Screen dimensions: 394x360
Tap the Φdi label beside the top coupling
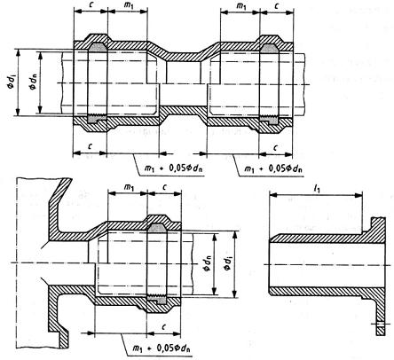(11, 82)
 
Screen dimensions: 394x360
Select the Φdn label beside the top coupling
(33, 82)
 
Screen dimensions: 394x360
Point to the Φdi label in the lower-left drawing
(228, 263)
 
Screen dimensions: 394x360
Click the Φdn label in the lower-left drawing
(207, 263)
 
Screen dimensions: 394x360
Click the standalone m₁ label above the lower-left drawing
(128, 187)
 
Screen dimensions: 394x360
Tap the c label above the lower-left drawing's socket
(164, 187)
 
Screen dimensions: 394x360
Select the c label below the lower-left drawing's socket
(163, 326)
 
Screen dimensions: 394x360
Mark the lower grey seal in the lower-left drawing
(157, 300)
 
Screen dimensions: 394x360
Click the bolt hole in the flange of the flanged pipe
(381, 324)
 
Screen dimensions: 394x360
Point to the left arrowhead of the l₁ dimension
(272, 194)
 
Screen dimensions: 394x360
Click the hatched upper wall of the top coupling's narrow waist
(184, 55)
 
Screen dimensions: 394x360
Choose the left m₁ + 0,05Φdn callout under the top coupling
(175, 168)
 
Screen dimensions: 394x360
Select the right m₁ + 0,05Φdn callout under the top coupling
(273, 168)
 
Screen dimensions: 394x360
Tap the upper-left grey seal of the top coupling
(98, 47)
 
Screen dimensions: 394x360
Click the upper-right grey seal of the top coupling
(269, 49)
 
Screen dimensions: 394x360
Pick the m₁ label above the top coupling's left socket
(128, 6)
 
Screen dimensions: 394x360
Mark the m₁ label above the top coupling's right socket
(240, 6)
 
